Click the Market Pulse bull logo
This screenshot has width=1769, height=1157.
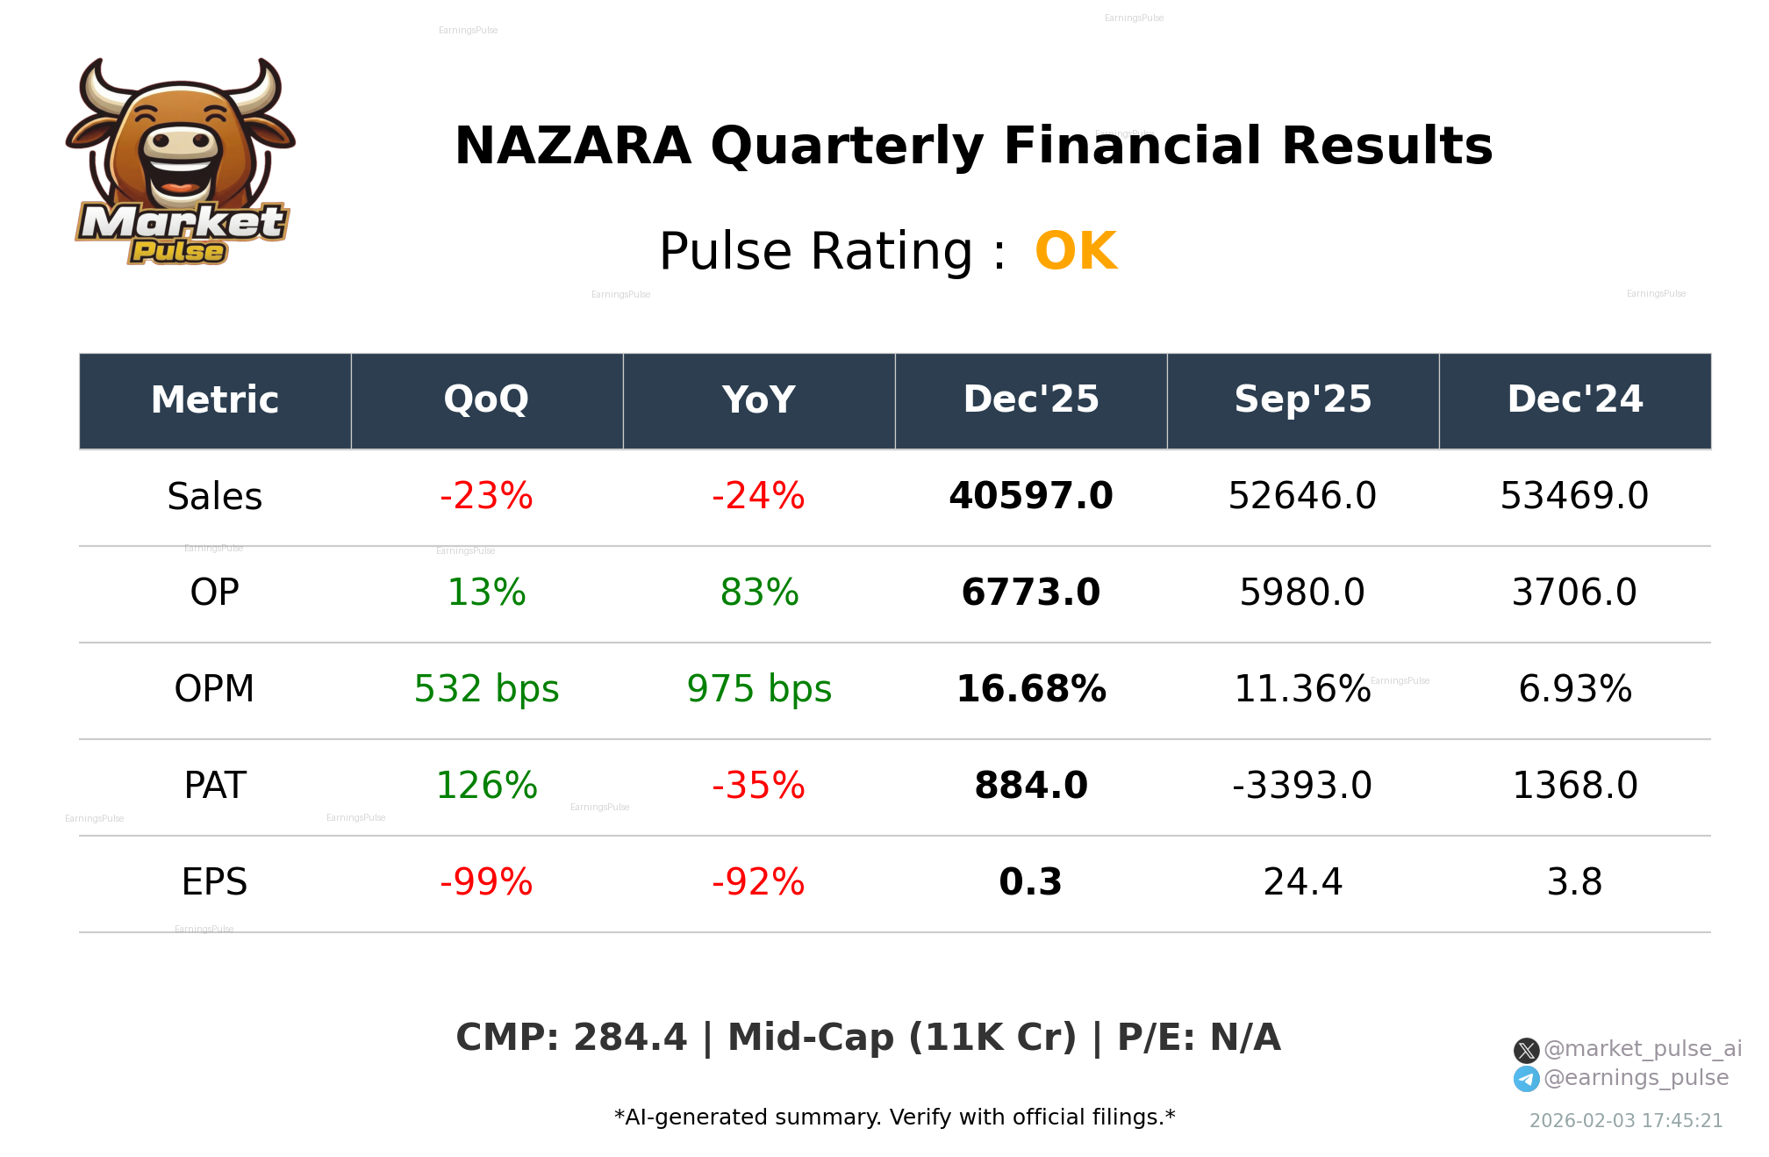point(180,162)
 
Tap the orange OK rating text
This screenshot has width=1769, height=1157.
point(1076,252)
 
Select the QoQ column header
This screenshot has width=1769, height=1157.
point(486,400)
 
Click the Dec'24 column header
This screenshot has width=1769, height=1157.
point(1574,400)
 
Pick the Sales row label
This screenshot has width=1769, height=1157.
point(214,497)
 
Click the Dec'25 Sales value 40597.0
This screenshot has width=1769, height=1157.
point(1030,496)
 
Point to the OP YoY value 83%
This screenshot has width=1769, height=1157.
point(759,593)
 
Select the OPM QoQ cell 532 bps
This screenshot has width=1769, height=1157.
point(486,689)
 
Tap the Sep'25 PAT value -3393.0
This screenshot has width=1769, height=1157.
point(1302,786)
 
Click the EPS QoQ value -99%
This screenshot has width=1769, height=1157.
point(486,882)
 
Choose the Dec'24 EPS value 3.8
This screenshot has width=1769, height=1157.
point(1574,882)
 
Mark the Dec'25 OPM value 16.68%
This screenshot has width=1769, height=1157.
point(1030,689)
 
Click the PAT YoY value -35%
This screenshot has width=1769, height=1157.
point(758,786)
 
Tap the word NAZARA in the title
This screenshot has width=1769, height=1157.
point(573,146)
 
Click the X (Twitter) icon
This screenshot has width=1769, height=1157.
point(1526,1050)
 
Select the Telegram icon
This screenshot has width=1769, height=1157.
point(1526,1079)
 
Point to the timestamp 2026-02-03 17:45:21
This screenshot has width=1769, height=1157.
point(1625,1121)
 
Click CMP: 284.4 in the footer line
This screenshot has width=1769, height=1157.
point(570,1038)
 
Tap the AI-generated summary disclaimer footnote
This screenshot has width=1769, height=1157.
point(894,1117)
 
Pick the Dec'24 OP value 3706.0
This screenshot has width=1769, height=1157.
point(1574,593)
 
